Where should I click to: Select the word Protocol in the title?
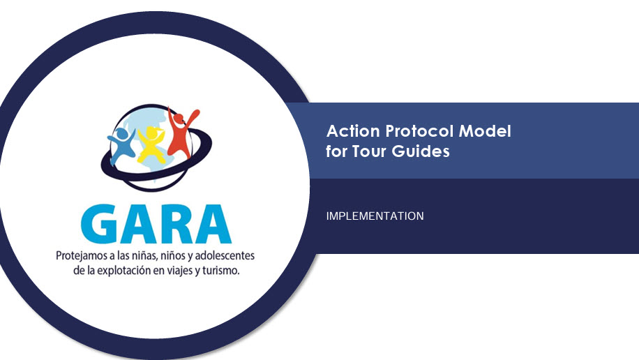419,131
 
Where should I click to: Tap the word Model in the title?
485,131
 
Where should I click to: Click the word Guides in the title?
421,151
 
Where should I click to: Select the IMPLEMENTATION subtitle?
375,216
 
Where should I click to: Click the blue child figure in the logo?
121,145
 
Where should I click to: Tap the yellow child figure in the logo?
151,144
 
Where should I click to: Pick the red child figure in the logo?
182,132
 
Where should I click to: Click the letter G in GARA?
100,224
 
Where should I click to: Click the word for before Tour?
336,151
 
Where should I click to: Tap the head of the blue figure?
121,133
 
